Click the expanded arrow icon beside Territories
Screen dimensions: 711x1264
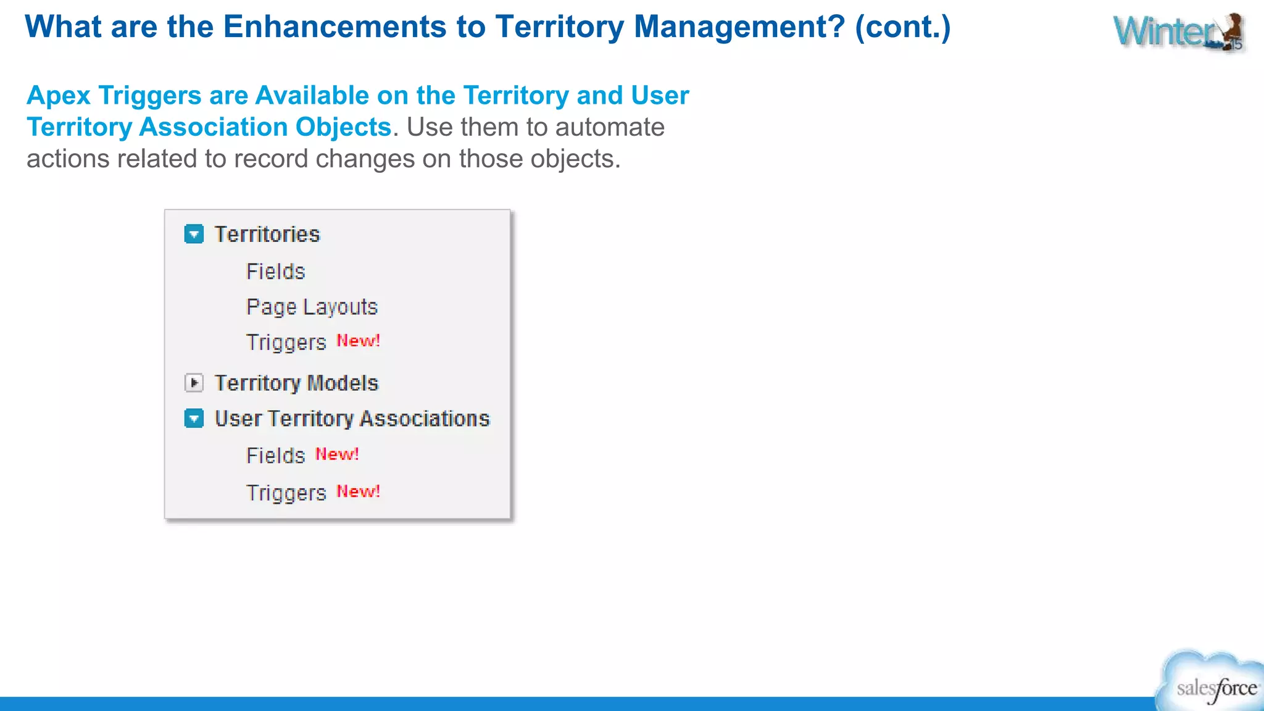194,235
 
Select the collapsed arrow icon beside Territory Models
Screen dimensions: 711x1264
194,383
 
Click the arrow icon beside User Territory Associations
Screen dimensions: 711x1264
194,419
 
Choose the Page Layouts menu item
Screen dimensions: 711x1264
312,307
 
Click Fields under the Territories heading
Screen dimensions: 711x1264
275,272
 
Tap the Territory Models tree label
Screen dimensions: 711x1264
296,383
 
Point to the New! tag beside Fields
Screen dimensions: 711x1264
337,454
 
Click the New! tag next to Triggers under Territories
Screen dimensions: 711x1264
358,341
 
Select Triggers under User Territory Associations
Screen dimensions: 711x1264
286,493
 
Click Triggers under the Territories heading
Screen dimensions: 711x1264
286,343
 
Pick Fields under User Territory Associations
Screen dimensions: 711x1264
275,455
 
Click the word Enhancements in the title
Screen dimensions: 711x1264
335,27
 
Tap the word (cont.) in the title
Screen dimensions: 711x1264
902,27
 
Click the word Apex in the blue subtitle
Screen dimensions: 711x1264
59,96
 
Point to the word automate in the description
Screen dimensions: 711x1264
610,127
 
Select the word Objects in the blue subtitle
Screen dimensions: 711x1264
343,127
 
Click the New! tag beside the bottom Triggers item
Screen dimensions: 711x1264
358,491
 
